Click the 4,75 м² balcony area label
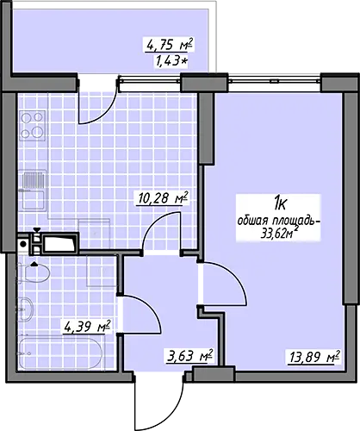click(x=169, y=46)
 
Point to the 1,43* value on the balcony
click(x=171, y=61)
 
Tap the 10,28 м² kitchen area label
click(x=163, y=198)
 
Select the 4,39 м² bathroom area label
click(x=87, y=327)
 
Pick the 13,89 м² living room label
click(x=313, y=357)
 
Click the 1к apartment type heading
click(x=279, y=204)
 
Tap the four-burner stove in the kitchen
click(x=33, y=126)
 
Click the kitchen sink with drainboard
click(x=32, y=191)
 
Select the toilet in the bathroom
click(x=34, y=273)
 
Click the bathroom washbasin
click(x=26, y=309)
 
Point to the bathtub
click(x=60, y=353)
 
